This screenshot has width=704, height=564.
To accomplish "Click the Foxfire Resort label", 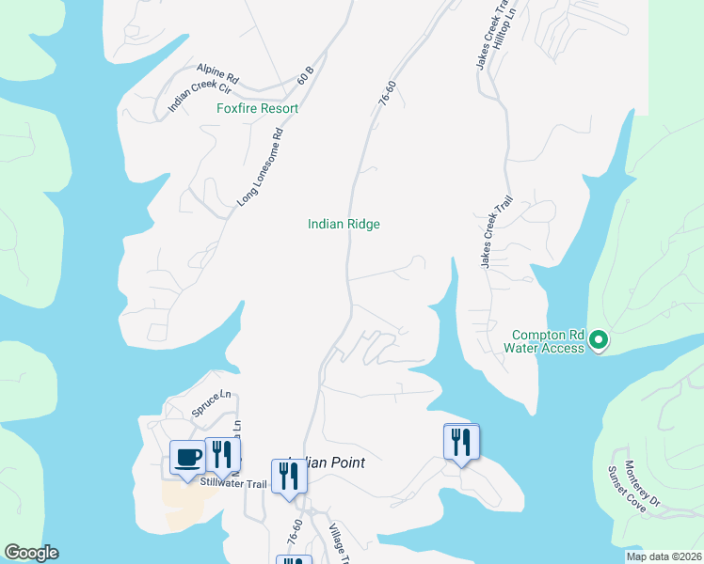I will tap(257, 109).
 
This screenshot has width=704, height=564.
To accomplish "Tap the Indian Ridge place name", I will tap(344, 224).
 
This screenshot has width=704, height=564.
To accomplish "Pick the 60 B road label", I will tap(305, 75).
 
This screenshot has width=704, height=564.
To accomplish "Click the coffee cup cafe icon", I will tap(187, 457).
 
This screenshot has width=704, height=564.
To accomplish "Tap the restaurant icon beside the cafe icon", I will tap(223, 454).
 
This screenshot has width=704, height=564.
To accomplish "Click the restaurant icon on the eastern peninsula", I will tap(460, 441).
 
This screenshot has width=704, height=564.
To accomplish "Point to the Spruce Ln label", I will tap(212, 401).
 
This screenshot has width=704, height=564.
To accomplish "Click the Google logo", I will tap(31, 553).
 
